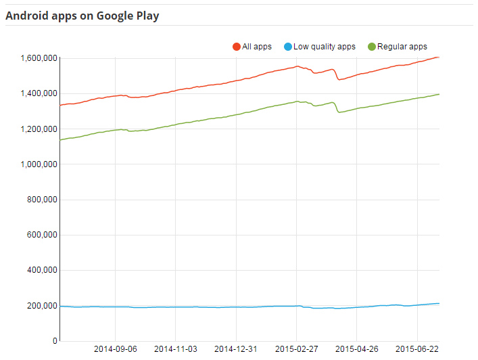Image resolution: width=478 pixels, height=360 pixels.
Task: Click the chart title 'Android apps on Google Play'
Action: (82, 15)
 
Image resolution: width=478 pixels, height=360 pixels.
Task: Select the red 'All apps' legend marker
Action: (237, 47)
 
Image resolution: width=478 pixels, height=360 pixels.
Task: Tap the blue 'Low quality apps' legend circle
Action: (288, 47)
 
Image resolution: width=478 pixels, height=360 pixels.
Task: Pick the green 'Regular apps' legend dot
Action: (372, 47)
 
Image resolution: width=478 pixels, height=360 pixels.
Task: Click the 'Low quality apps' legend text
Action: (324, 47)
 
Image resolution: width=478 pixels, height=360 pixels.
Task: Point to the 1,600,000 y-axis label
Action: (35, 58)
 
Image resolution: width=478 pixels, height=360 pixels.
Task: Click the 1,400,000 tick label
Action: (35, 93)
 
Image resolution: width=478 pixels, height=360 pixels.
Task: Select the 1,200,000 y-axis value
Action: (35, 129)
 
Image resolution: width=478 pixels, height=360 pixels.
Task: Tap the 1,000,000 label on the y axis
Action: (35, 164)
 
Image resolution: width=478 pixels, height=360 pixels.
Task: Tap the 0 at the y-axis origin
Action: (54, 341)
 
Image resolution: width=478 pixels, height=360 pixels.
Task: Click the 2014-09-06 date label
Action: (116, 349)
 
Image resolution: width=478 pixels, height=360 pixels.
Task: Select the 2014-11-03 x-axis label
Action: (176, 349)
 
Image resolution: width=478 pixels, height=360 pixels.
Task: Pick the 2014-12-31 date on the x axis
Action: (236, 349)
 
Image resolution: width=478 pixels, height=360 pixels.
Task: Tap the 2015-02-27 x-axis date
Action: (296, 349)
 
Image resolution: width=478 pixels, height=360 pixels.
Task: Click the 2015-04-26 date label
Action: (356, 349)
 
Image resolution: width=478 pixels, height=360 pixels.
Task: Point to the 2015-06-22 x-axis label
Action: (416, 349)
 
